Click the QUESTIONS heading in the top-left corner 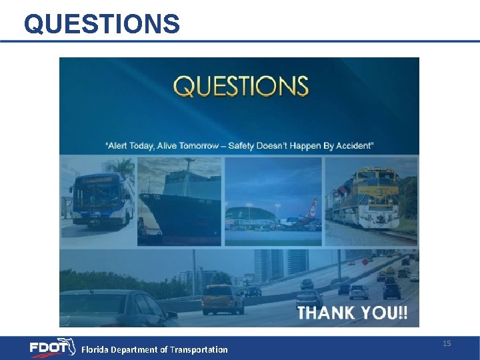[101, 24]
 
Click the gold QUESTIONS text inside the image [241, 87]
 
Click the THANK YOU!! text [353, 313]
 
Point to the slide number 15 [447, 343]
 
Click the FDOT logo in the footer [52, 347]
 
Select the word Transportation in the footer [199, 349]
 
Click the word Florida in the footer [95, 349]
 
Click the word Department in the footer [139, 349]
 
